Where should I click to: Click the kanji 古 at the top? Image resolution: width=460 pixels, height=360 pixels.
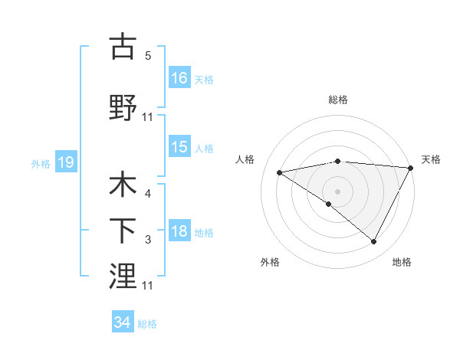pos(123,47)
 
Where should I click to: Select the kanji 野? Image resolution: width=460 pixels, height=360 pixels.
pos(123,108)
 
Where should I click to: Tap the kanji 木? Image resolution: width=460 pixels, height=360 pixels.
pos(123,186)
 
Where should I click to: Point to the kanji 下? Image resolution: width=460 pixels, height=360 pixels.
pos(123,231)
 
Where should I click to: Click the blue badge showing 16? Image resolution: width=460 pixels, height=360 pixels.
pos(179,78)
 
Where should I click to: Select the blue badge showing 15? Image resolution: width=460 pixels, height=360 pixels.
pos(179,148)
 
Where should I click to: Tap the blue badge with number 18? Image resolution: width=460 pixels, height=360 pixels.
pos(179,232)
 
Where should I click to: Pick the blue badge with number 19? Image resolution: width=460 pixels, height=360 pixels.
pos(65,162)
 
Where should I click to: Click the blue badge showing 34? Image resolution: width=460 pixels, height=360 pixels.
pos(122,323)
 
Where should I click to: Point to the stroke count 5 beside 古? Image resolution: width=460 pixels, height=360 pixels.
pos(148,55)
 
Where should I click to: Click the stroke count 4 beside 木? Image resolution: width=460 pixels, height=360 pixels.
pos(148,195)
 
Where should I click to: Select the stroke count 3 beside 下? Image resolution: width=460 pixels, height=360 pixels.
pos(148,240)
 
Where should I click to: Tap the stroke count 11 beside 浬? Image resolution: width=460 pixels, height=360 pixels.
pos(148,285)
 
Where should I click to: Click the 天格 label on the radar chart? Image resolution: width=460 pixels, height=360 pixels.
pos(431,159)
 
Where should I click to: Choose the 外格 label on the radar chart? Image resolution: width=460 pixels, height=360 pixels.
pos(270,262)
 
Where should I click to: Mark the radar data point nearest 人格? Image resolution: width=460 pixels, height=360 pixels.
pos(280,172)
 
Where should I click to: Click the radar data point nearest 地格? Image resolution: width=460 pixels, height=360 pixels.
pos(374,242)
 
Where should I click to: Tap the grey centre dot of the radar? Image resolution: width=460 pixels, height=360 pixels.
pos(337,191)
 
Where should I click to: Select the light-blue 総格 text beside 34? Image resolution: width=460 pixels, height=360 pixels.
pos(147,324)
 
